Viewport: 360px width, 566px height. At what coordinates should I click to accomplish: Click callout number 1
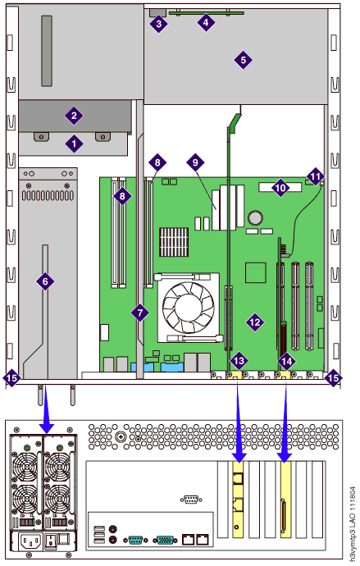pyautogui.click(x=74, y=144)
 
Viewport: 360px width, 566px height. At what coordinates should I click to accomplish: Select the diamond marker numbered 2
pyautogui.click(x=74, y=116)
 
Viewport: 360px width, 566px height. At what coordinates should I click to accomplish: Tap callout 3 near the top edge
pyautogui.click(x=159, y=25)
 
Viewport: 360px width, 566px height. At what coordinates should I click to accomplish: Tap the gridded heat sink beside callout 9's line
pyautogui.click(x=174, y=242)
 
